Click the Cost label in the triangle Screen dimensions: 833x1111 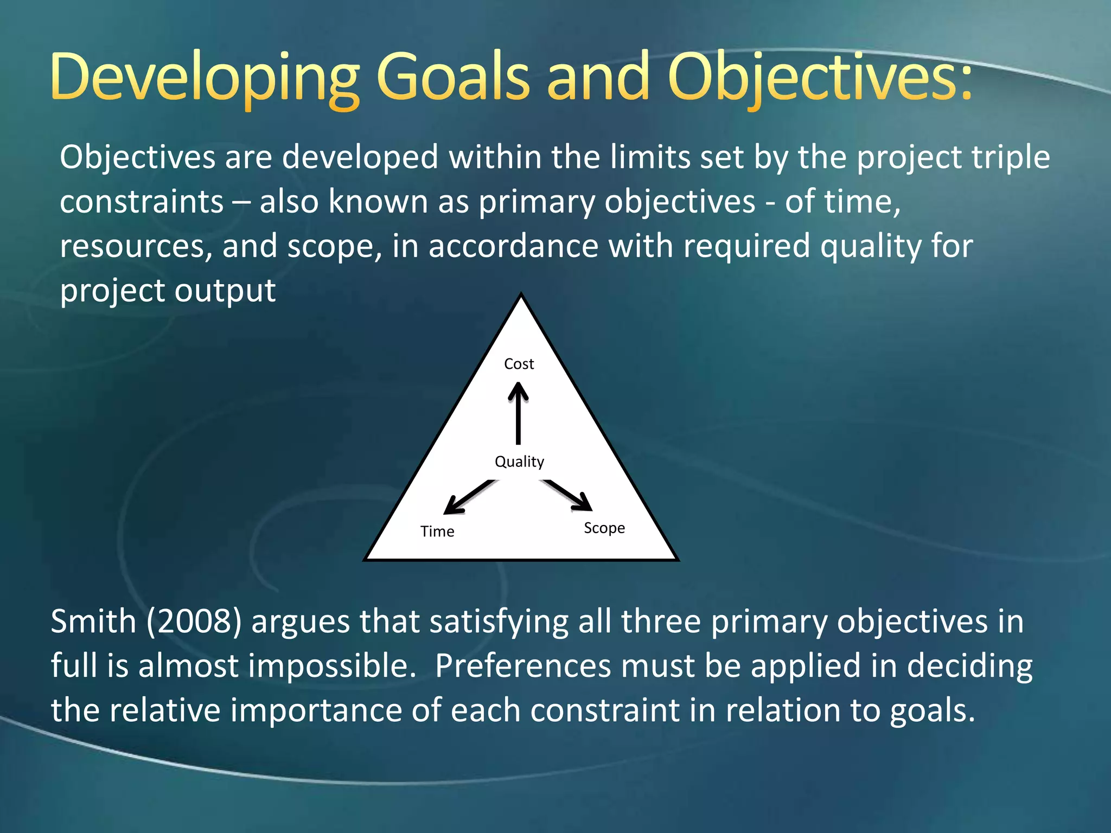tap(519, 364)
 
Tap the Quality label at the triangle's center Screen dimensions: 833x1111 tap(519, 462)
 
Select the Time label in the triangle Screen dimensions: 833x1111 tap(437, 531)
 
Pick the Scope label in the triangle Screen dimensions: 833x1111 tap(604, 528)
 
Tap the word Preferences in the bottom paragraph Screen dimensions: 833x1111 tap(523, 666)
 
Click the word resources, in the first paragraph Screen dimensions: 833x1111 tap(136, 246)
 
